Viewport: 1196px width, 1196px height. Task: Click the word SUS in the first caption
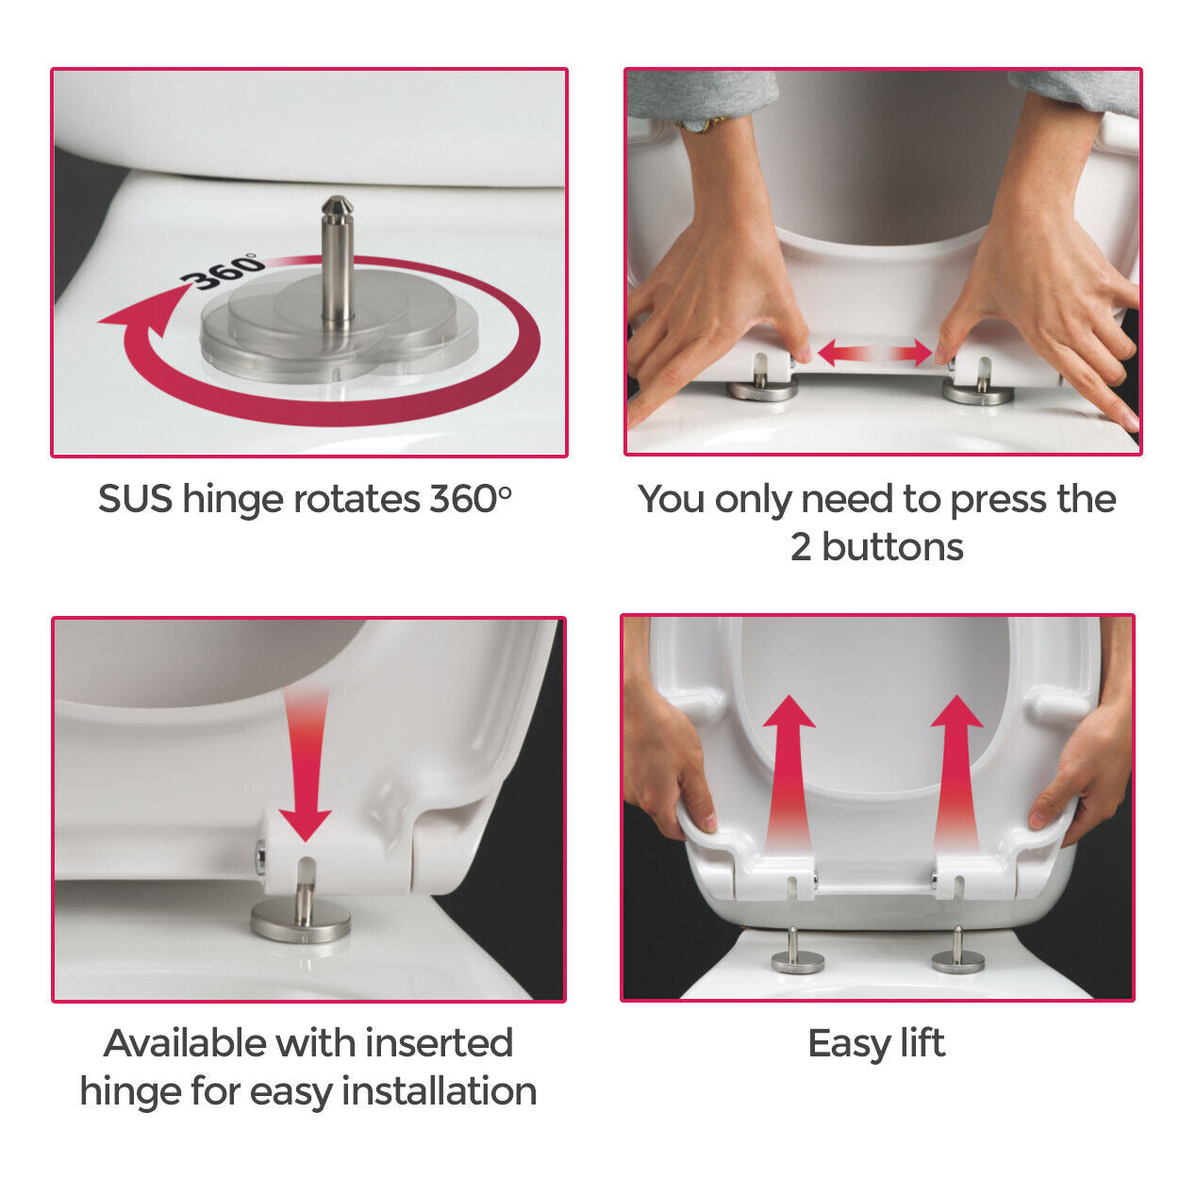pyautogui.click(x=135, y=499)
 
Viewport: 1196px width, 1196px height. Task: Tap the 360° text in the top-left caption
pyautogui.click(x=470, y=499)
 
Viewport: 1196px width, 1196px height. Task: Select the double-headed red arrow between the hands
pyautogui.click(x=874, y=354)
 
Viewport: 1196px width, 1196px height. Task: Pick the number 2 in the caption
pyautogui.click(x=801, y=547)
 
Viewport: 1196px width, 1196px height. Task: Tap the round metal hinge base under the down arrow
pyautogui.click(x=301, y=920)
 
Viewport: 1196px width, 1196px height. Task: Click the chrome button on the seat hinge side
pyautogui.click(x=260, y=857)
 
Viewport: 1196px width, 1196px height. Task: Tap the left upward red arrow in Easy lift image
pyautogui.click(x=789, y=769)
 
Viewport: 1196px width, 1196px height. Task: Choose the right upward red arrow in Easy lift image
pyautogui.click(x=956, y=769)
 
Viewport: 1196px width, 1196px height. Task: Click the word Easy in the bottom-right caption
pyautogui.click(x=847, y=1044)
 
